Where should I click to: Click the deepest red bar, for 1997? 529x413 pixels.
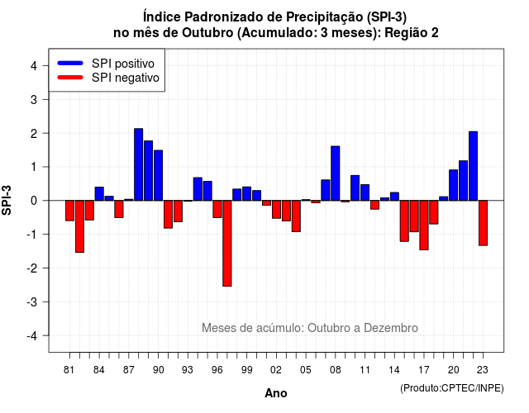pos(227,244)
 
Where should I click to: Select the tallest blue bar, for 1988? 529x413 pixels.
pos(138,164)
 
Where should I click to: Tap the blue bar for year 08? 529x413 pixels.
pos(336,173)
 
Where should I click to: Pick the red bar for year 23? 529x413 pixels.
pos(483,223)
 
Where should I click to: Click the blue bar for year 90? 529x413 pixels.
pos(158,175)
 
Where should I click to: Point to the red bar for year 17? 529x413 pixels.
pos(424,225)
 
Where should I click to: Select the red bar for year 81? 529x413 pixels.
pos(69,211)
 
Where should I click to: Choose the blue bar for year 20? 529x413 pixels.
pos(454,185)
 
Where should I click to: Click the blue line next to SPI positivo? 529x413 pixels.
pos(70,63)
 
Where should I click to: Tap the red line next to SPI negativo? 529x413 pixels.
pos(70,78)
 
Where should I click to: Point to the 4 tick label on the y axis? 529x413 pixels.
pos(34,66)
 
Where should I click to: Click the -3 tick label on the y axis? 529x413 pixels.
pos(31,302)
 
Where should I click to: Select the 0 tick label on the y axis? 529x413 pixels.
pos(34,201)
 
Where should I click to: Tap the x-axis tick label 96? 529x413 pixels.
pos(217,370)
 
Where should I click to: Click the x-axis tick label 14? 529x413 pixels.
pos(394,370)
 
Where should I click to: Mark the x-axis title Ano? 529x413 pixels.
pos(276,393)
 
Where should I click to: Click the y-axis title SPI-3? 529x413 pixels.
pos(7,200)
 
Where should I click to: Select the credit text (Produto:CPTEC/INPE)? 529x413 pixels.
pos(452,388)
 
